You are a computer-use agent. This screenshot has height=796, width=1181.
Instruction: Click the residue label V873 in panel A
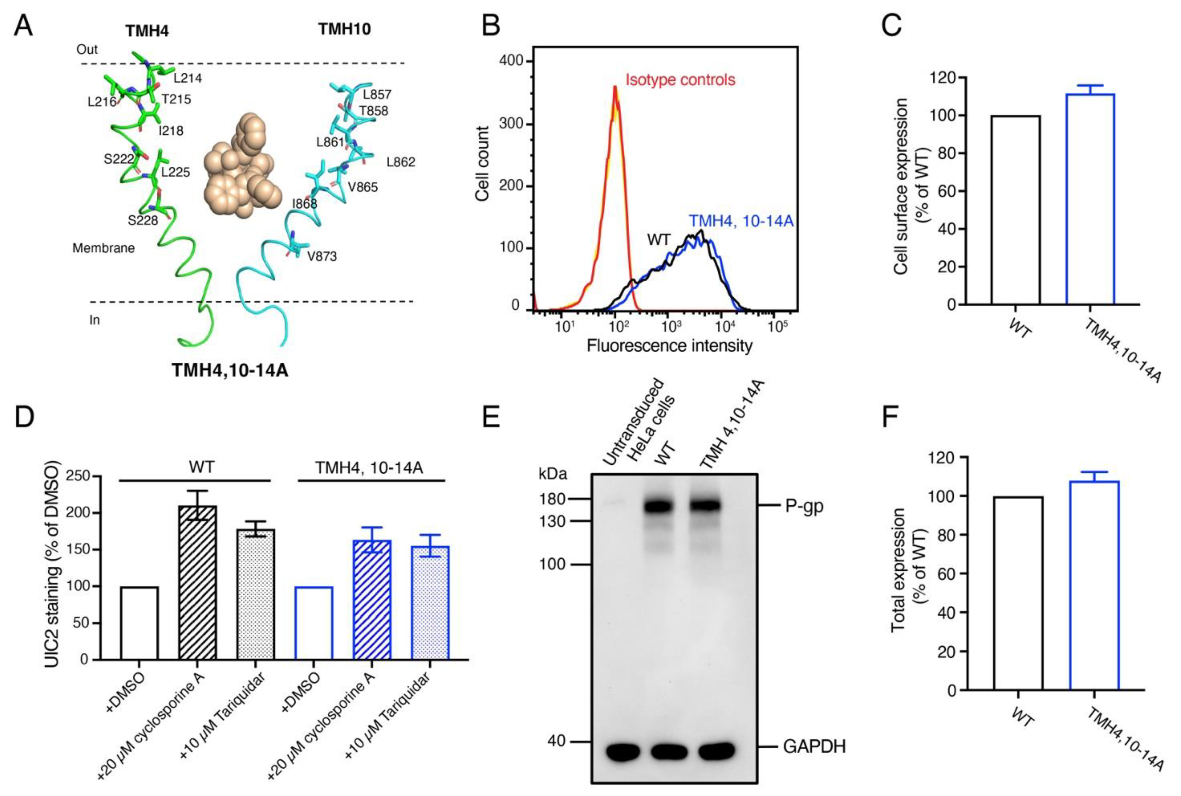[x=322, y=256]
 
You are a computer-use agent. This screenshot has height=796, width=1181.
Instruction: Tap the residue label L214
[x=187, y=78]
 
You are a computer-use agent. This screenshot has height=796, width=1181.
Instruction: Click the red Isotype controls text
[x=680, y=80]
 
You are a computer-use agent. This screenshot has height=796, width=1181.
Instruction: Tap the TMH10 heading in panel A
[x=345, y=29]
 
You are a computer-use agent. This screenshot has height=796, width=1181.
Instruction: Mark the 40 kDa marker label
[x=557, y=741]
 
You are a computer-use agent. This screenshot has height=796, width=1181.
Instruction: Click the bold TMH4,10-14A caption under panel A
[x=230, y=370]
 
